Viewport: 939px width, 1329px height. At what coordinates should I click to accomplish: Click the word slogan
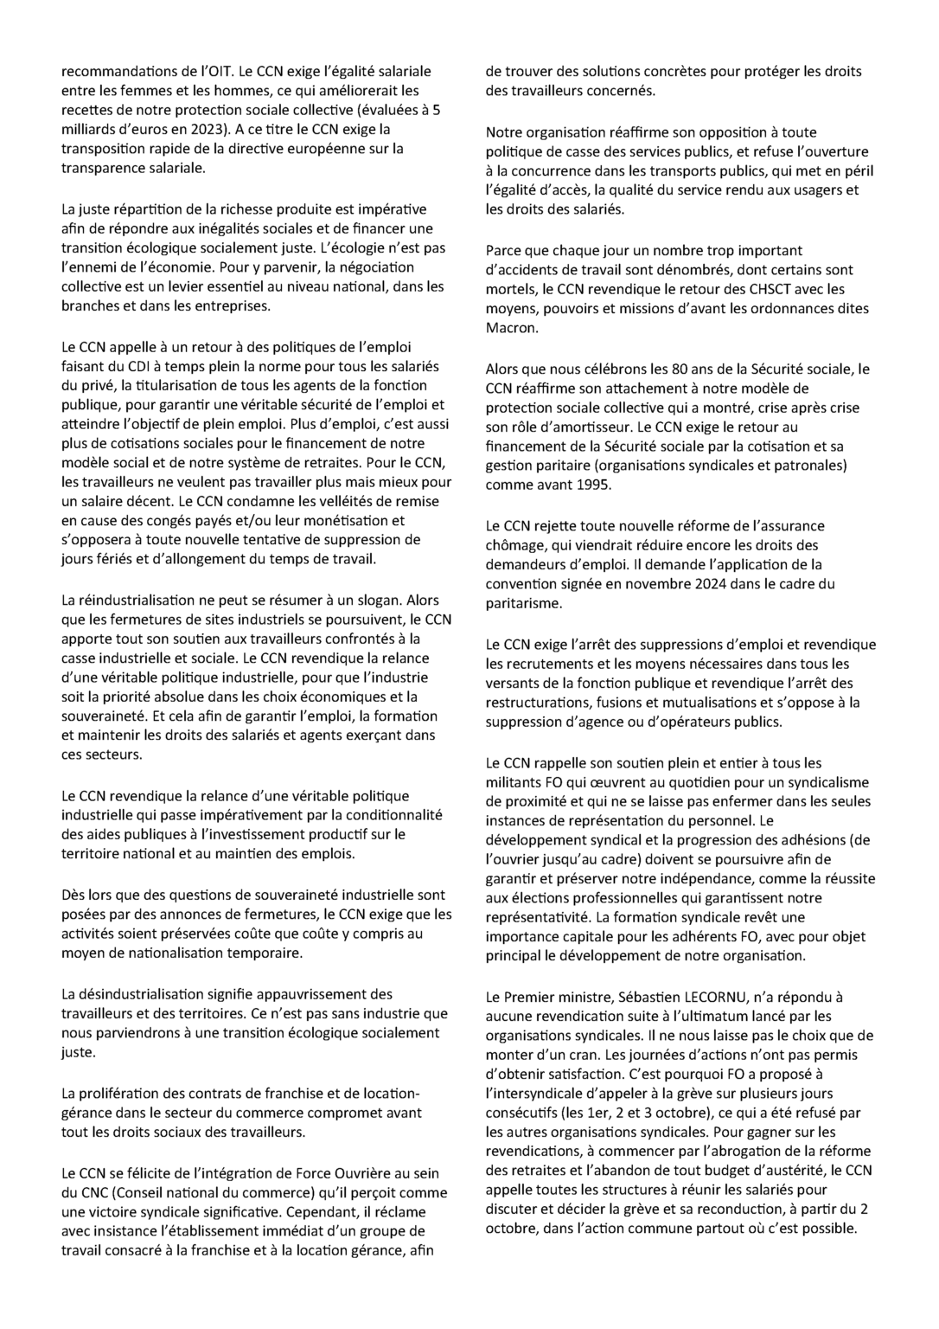coord(375,600)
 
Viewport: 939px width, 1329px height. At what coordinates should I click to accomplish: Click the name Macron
coord(511,328)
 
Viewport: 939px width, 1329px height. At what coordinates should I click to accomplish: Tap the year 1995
coord(593,485)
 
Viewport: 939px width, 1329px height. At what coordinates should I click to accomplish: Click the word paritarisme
coord(523,603)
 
